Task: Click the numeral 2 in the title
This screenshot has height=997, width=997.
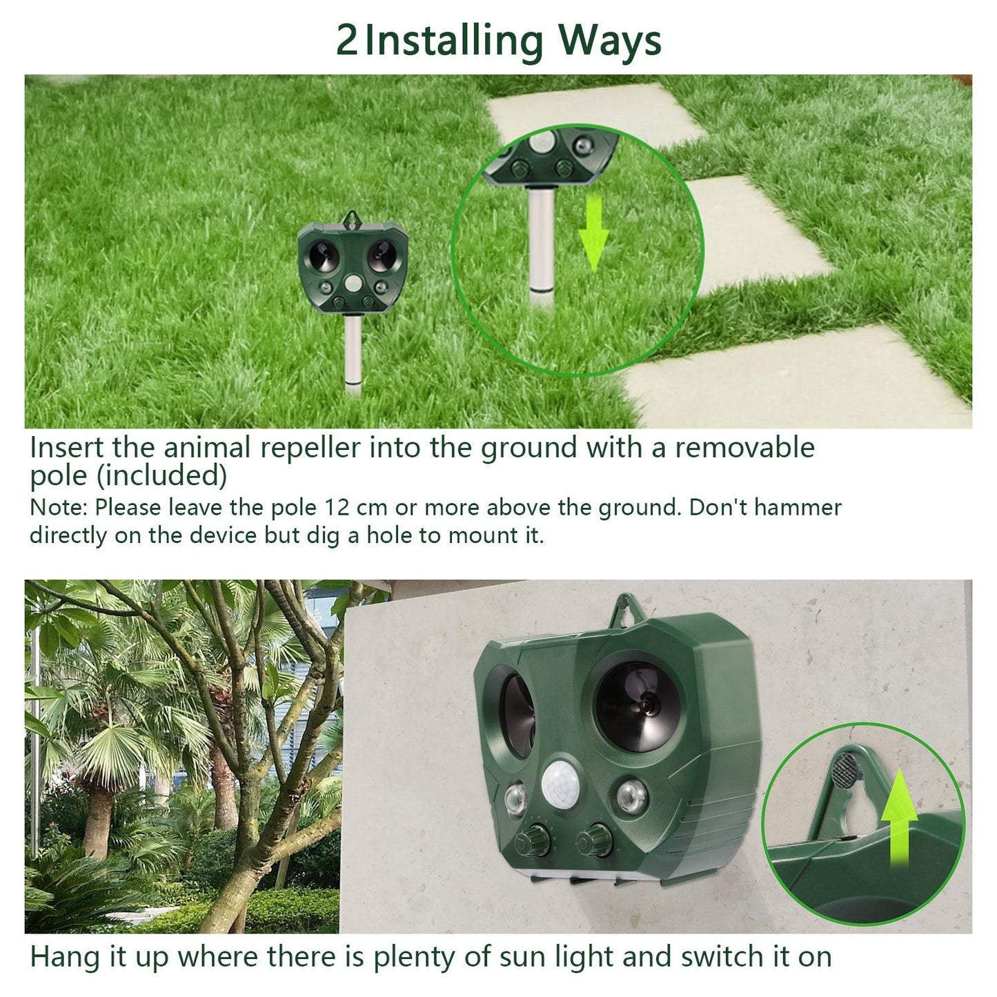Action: coord(346,40)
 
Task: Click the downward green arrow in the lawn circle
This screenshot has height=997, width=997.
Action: coord(593,235)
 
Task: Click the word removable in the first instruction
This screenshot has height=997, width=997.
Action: coord(744,448)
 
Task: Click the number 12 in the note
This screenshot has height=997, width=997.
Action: coord(337,508)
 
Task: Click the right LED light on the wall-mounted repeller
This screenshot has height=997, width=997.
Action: coord(631,795)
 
